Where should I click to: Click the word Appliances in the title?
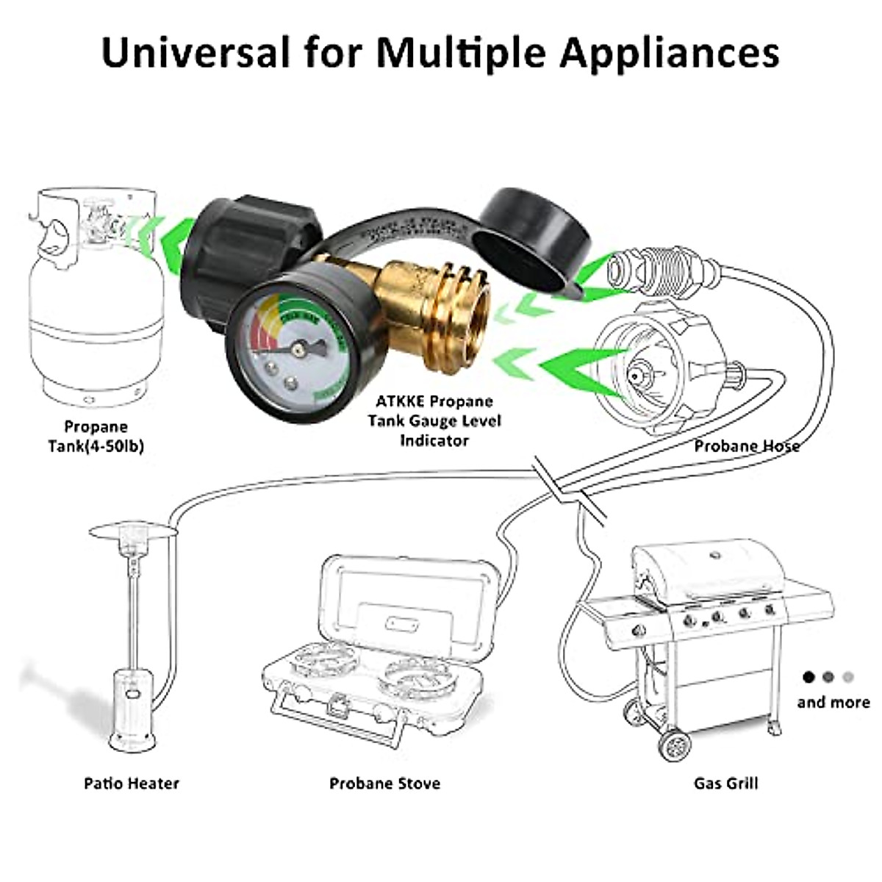[x=668, y=53]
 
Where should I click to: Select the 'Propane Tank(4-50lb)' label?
[x=96, y=436]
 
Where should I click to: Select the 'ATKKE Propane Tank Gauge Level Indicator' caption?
[x=434, y=420]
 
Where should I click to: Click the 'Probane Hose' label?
[x=747, y=445]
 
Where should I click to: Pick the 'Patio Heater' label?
[x=132, y=783]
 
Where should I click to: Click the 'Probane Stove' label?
[x=384, y=783]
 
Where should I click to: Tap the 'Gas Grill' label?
[x=725, y=783]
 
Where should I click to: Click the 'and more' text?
[x=833, y=703]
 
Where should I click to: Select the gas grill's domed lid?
[x=706, y=570]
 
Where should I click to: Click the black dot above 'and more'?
[x=809, y=676]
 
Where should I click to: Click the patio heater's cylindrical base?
[x=132, y=709]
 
